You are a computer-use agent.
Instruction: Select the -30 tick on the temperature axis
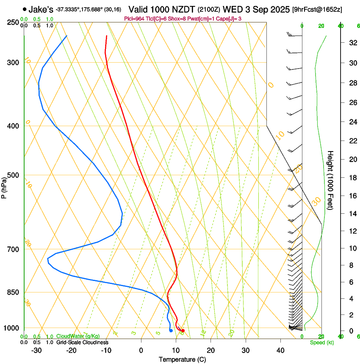(36, 350)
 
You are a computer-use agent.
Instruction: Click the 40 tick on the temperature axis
(280, 350)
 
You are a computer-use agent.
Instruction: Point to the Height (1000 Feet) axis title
(331, 180)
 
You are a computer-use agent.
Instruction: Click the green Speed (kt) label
(321, 342)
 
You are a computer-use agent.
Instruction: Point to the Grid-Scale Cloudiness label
(82, 342)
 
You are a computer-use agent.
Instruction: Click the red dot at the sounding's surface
(183, 331)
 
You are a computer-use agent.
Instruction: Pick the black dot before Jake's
(25, 9)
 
